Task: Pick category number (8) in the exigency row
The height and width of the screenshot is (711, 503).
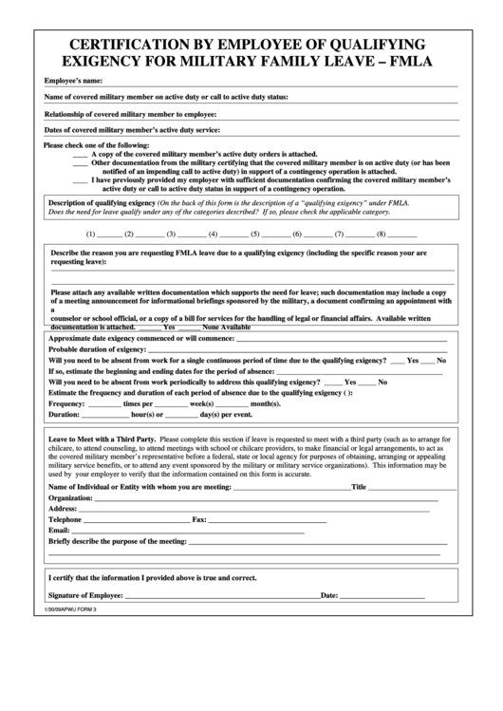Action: pyautogui.click(x=382, y=234)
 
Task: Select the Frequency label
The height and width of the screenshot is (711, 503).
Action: pyautogui.click(x=66, y=404)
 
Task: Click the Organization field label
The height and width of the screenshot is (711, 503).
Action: pyautogui.click(x=71, y=498)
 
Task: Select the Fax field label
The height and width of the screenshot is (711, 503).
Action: pyautogui.click(x=199, y=520)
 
